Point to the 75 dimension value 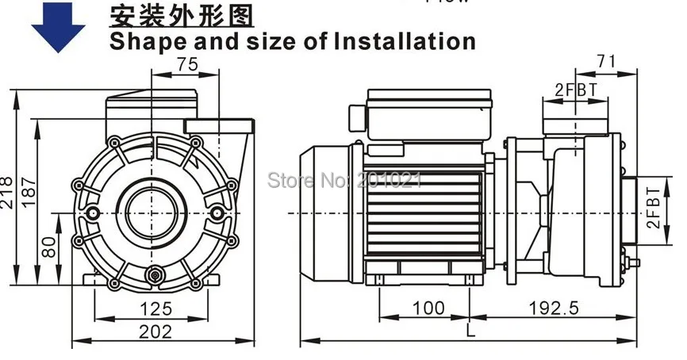187,67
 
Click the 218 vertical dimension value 7,191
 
